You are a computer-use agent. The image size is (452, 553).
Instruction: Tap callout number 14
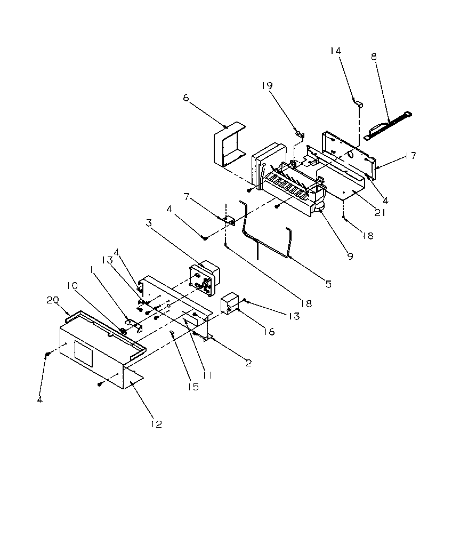tap(335, 51)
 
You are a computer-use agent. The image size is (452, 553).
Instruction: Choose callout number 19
tap(268, 86)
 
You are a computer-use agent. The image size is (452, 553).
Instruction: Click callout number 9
tap(350, 257)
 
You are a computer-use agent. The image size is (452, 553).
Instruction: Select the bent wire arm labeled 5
tap(267, 235)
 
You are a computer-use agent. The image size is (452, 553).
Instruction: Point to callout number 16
tap(269, 332)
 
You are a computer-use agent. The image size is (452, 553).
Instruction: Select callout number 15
tap(193, 387)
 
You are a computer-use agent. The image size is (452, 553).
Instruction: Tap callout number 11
tap(208, 375)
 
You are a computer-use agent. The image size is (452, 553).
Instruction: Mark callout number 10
tap(71, 285)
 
